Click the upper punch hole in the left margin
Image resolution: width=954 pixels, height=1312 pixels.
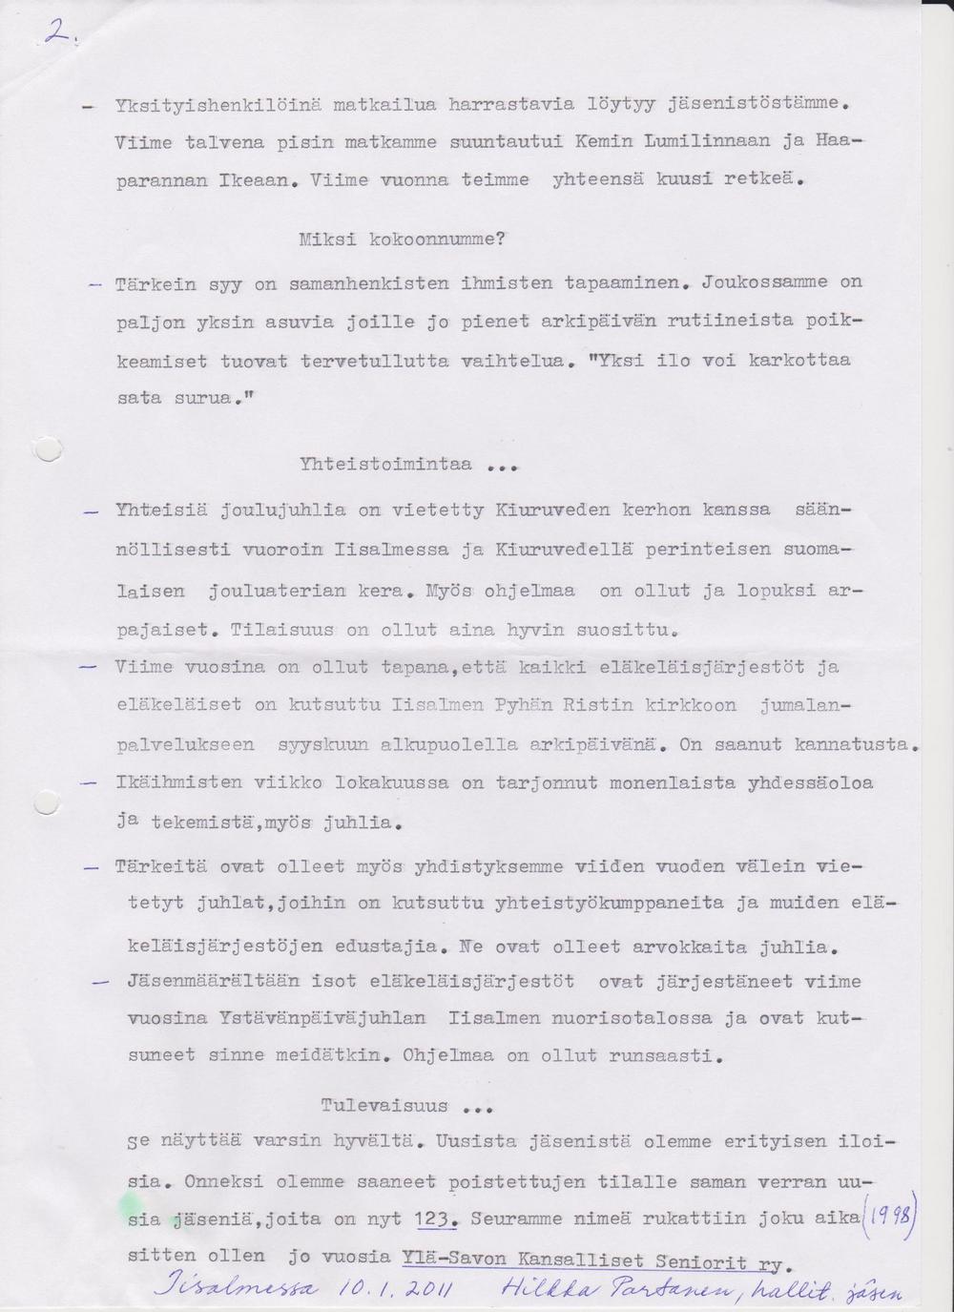pos(47,448)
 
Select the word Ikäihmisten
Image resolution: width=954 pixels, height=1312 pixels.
pos(179,783)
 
